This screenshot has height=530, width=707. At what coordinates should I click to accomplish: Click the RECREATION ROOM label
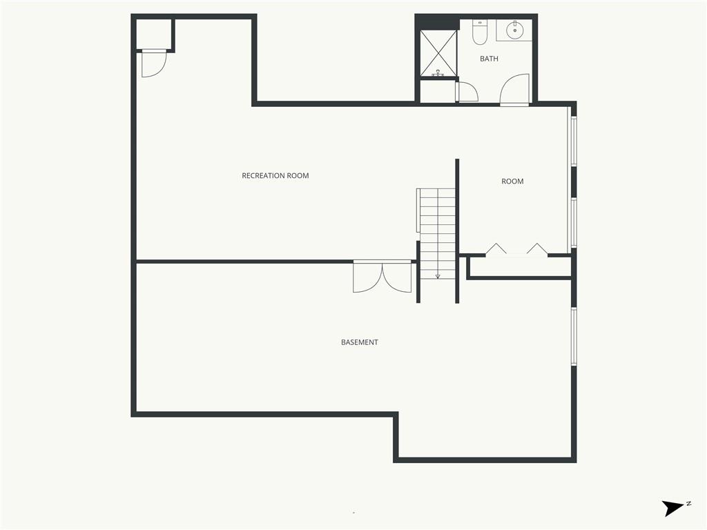[x=275, y=175]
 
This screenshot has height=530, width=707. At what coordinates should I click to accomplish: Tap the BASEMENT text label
[x=359, y=342]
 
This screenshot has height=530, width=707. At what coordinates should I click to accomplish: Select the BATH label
[x=489, y=59]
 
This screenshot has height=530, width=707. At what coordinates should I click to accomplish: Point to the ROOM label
[x=512, y=181]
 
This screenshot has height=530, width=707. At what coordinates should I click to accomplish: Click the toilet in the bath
[x=480, y=32]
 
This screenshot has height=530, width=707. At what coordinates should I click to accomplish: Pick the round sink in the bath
[x=514, y=30]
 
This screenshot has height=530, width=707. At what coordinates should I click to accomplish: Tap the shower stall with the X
[x=438, y=53]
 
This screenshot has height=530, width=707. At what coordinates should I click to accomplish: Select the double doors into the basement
[x=382, y=276]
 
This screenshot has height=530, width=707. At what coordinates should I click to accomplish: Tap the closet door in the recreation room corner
[x=153, y=63]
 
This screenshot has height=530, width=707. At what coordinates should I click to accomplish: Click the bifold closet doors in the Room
[x=517, y=249]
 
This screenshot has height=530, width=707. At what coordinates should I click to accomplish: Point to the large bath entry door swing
[x=515, y=90]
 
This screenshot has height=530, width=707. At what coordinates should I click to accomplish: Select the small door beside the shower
[x=466, y=92]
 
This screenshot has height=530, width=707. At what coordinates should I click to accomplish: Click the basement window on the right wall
[x=573, y=336]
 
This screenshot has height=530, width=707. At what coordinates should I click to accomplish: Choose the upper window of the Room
[x=573, y=141]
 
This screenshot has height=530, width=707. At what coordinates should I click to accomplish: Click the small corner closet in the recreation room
[x=153, y=34]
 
